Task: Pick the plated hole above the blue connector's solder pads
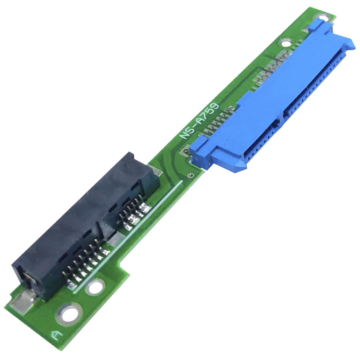[x=285, y=43]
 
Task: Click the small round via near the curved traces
[x=189, y=175]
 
